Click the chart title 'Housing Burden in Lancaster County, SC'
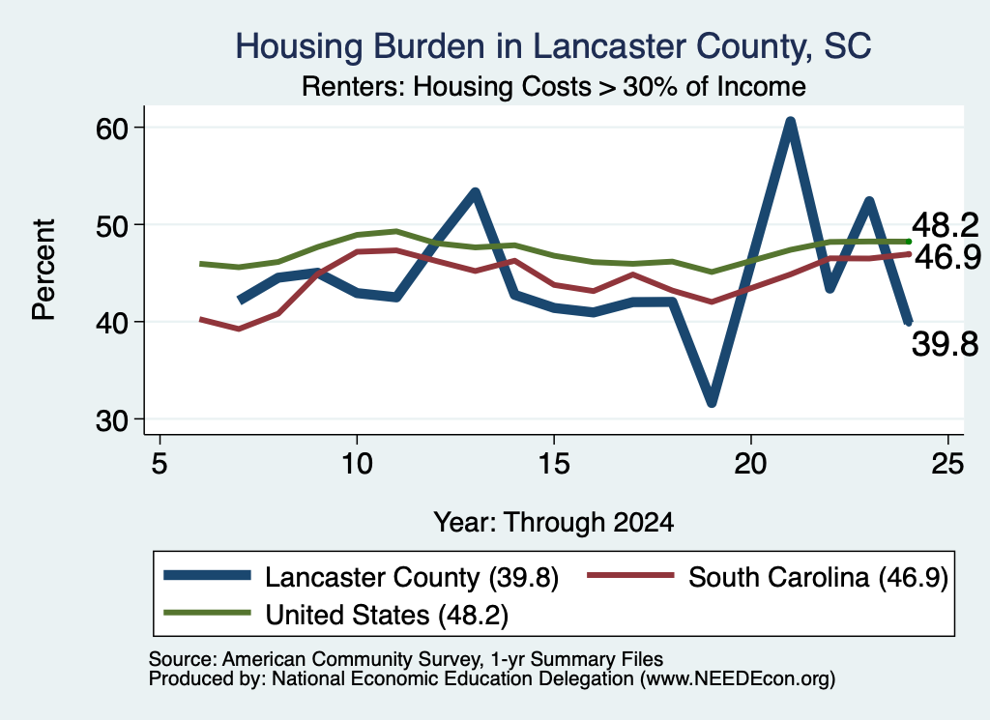click(553, 46)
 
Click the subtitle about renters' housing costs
click(554, 86)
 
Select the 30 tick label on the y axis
click(112, 419)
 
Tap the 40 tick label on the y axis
click(112, 323)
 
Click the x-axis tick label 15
click(554, 465)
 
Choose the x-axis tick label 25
click(947, 465)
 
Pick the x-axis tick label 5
click(160, 465)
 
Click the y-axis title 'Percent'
click(44, 270)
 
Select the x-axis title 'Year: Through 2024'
click(554, 523)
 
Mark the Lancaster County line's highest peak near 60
click(790, 121)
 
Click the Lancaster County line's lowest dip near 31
click(712, 401)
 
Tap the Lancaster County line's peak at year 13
click(476, 192)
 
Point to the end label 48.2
click(946, 225)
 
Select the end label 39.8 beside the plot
click(946, 345)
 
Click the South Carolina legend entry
click(768, 577)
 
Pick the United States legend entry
click(335, 615)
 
